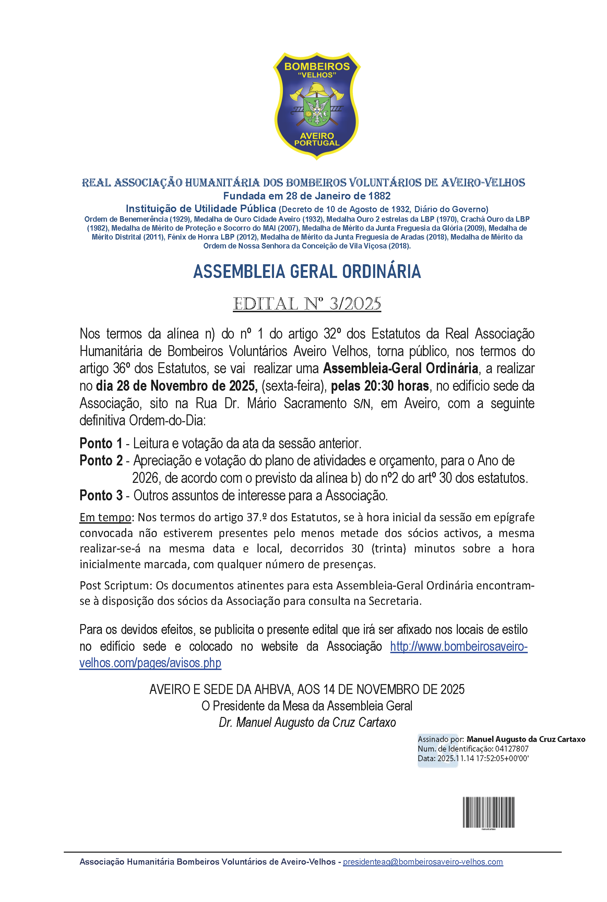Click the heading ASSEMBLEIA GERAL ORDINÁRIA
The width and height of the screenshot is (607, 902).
(307, 271)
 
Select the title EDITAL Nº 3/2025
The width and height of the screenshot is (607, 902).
(307, 304)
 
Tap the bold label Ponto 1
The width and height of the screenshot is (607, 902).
(100, 443)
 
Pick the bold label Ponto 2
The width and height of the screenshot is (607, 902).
(100, 461)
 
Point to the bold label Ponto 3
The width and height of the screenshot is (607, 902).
(100, 496)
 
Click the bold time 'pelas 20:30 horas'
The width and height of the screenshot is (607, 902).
(380, 386)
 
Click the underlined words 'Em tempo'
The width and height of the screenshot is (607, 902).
(105, 517)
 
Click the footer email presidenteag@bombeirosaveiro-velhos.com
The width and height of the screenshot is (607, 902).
(423, 862)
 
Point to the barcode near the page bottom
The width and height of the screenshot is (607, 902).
(489, 812)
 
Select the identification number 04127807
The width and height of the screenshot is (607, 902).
(512, 749)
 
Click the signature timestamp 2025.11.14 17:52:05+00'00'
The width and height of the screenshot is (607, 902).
(483, 758)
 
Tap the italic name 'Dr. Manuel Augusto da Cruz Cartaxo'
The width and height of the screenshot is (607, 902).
(307, 722)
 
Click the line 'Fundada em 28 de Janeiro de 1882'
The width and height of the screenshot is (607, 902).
(307, 196)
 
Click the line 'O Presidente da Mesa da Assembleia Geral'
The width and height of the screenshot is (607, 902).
(307, 706)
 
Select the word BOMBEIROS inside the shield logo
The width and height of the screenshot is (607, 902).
(317, 66)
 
